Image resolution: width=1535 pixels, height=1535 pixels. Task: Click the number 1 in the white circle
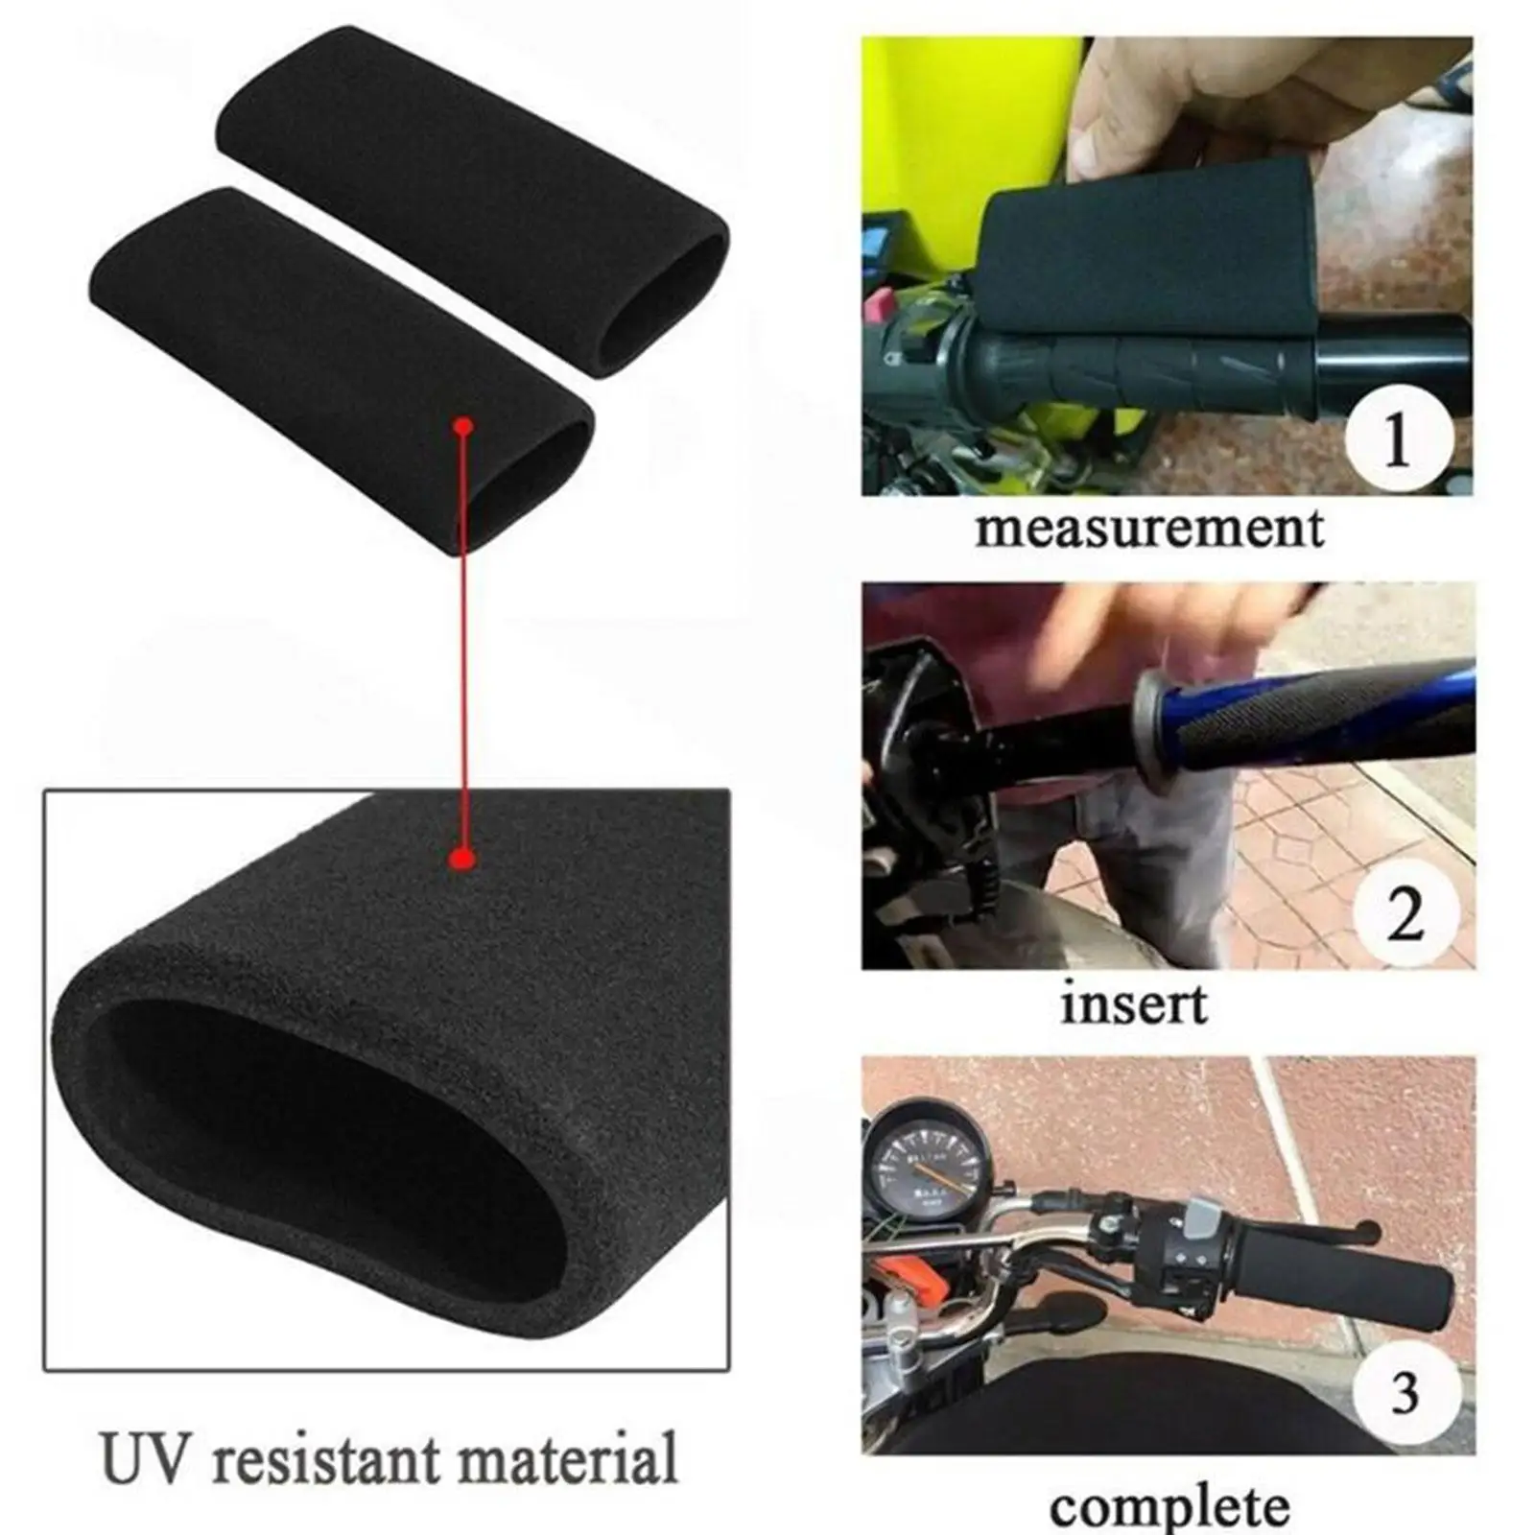coord(1396,440)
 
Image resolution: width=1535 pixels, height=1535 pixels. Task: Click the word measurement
coord(1149,529)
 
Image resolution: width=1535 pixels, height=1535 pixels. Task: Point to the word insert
coord(1133,1004)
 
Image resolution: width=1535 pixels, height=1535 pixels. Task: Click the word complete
coord(1169,1505)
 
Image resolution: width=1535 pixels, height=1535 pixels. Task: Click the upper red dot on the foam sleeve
coord(464,425)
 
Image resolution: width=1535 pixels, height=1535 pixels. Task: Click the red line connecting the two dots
coord(464,643)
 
